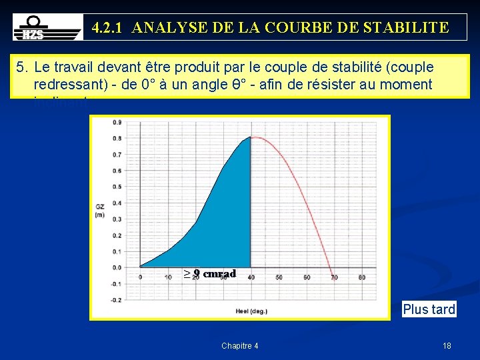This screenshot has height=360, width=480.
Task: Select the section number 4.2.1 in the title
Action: [x=109, y=27]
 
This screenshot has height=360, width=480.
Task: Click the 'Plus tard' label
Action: [x=429, y=309]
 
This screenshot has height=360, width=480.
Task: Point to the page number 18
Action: [x=447, y=345]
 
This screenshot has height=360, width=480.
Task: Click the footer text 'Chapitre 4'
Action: [x=240, y=345]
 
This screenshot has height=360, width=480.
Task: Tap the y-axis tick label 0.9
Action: [x=117, y=122]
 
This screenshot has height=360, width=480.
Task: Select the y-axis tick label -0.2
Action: [x=116, y=299]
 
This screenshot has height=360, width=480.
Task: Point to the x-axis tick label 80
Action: [x=361, y=277]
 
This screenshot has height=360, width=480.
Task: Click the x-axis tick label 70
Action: [x=333, y=277]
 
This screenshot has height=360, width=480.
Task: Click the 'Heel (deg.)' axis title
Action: [x=251, y=310]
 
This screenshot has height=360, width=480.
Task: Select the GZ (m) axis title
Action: [x=99, y=210]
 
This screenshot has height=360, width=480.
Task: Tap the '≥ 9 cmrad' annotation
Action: [x=210, y=273]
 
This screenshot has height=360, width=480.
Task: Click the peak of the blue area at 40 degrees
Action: [x=250, y=137]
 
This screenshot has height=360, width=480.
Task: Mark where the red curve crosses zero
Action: [x=332, y=267]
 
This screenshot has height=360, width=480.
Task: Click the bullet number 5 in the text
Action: [x=22, y=67]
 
